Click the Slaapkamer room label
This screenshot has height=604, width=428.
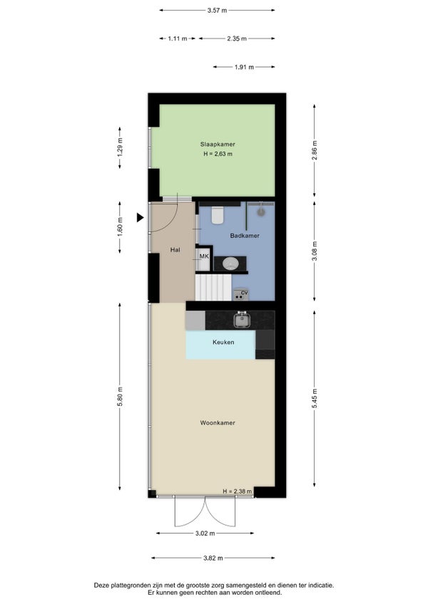coord(218,144)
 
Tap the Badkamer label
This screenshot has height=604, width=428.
coord(245,235)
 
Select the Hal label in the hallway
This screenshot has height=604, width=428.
coord(175,249)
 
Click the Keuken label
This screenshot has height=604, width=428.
coord(223,342)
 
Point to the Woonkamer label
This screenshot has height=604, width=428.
coord(218,422)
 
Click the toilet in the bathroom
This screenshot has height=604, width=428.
coord(218,215)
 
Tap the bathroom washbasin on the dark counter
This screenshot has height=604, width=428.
coord(230,264)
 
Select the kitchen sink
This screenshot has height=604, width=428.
coord(242,320)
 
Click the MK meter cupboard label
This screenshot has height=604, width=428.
coord(204,256)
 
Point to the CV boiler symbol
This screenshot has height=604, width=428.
coord(240,294)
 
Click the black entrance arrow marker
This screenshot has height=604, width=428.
coord(140,218)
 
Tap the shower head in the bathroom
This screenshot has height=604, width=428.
coord(261,211)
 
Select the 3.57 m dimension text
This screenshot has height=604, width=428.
coord(217,11)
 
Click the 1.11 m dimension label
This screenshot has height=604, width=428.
coord(178,38)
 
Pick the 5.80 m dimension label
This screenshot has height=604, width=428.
coord(120,396)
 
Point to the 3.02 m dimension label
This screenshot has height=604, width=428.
coord(205,533)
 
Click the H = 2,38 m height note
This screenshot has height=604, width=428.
coord(238,491)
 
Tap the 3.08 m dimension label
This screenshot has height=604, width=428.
coord(314,251)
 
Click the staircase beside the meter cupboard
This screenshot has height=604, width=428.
coord(213,287)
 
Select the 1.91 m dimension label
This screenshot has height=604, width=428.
coord(244,67)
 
